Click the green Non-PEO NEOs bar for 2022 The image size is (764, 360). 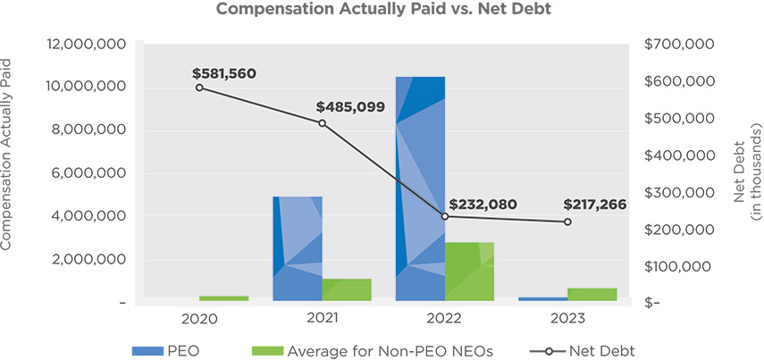[469, 272]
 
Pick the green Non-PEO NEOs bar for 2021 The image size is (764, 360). [346, 289]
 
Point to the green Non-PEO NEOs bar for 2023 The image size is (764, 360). [592, 295]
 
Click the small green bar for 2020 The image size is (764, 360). [223, 298]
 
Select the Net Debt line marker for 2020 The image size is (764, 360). [199, 88]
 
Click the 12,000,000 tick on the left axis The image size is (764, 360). [86, 44]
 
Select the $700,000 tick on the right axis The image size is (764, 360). [678, 44]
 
